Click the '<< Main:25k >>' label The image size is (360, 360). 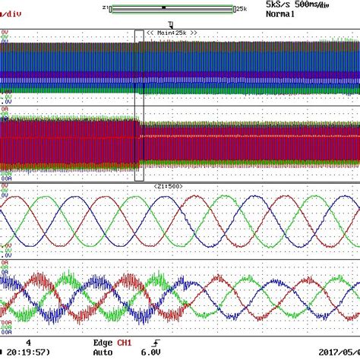coord(172,33)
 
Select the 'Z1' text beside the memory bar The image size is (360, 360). coord(104,8)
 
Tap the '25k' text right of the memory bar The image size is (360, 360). coord(241,8)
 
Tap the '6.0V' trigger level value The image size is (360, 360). coord(150,352)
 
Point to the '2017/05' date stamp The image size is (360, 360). coord(341,352)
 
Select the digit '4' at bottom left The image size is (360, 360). coord(28,343)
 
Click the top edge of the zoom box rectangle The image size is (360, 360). coord(139,30)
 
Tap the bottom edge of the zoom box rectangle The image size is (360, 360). coord(139,181)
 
